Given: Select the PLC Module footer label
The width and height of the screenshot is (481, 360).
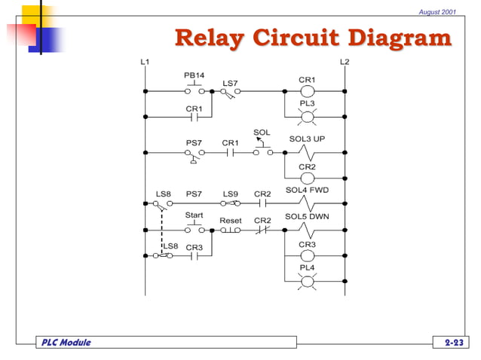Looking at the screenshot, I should [66, 343].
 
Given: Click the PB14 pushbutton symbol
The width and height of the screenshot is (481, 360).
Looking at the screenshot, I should [194, 90].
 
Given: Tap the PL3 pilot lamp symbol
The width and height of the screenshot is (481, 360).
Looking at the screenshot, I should [307, 117].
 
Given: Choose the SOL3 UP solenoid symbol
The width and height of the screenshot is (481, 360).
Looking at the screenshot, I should [307, 152].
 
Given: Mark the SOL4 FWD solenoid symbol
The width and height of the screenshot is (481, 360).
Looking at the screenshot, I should [307, 203].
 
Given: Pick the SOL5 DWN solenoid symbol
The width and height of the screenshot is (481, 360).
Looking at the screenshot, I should [307, 230].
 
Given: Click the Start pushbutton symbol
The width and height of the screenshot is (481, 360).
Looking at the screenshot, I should [195, 228].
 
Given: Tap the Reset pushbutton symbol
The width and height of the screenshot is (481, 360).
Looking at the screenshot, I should [230, 230].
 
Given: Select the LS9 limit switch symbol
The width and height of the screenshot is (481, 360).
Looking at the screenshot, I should [230, 203].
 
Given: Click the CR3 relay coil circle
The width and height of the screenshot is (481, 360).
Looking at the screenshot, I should [307, 255].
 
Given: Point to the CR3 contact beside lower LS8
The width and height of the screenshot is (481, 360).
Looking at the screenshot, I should [194, 255].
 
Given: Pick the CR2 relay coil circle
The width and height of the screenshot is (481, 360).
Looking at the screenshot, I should [307, 178].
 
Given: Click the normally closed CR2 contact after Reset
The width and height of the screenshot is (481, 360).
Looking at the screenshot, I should [262, 230].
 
